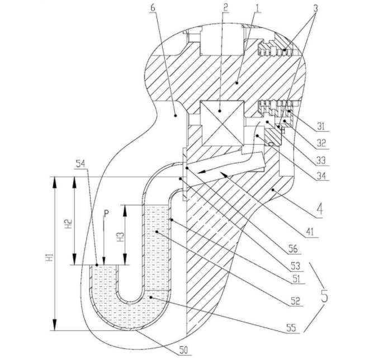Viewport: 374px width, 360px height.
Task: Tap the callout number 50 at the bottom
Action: tap(184, 350)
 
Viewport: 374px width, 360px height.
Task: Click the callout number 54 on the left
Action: tap(81, 163)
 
